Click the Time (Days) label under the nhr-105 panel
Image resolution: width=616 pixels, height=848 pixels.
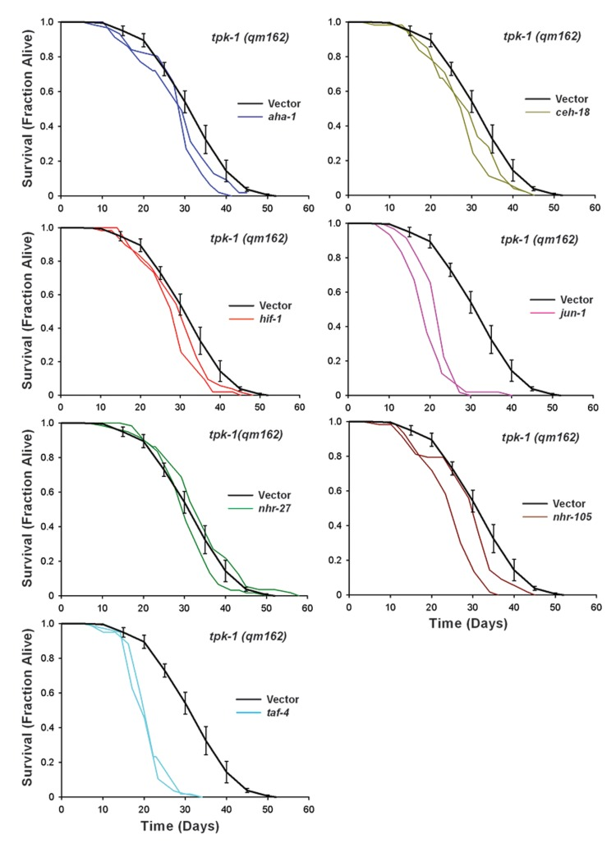pos(471,623)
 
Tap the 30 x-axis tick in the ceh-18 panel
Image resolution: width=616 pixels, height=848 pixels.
pos(471,209)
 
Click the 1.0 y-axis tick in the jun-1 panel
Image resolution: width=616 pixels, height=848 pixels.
pos(334,223)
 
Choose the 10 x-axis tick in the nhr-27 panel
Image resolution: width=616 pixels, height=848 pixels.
pos(103,608)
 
